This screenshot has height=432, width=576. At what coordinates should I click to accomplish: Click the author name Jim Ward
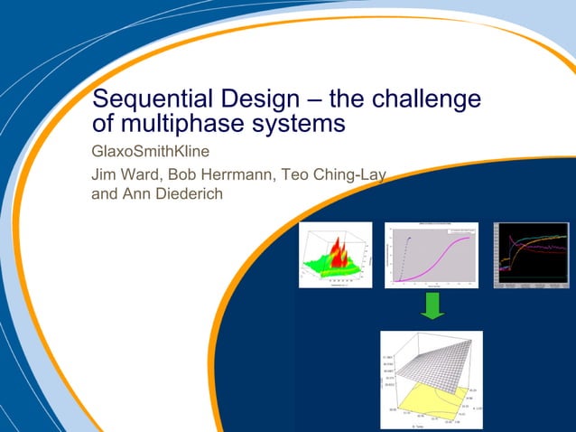coord(125,175)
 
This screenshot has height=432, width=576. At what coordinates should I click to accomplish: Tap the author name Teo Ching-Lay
coord(335,175)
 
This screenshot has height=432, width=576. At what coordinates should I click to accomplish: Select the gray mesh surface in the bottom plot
coord(433,362)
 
